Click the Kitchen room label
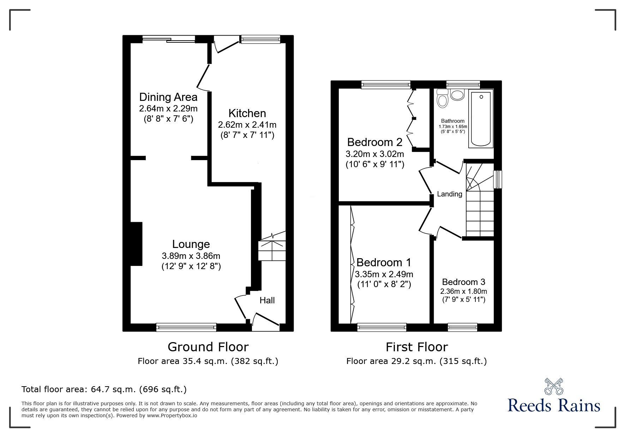tap(247, 113)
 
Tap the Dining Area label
tap(168, 97)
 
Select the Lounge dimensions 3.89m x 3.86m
tap(191, 256)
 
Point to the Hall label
tap(267, 300)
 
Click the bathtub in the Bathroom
tap(480, 119)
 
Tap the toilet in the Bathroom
tap(442, 98)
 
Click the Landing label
tap(449, 194)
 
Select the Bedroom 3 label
tap(463, 282)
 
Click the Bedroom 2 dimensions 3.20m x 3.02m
tap(375, 154)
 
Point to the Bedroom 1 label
tap(384, 262)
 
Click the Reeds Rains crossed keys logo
tap(553, 387)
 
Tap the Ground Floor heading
tap(208, 347)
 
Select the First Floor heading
tap(416, 347)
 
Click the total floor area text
tap(104, 389)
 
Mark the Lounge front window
tap(186, 328)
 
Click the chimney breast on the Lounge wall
tap(136, 244)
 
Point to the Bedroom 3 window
tap(462, 328)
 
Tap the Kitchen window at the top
tap(260, 39)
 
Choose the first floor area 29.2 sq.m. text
tap(416, 361)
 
